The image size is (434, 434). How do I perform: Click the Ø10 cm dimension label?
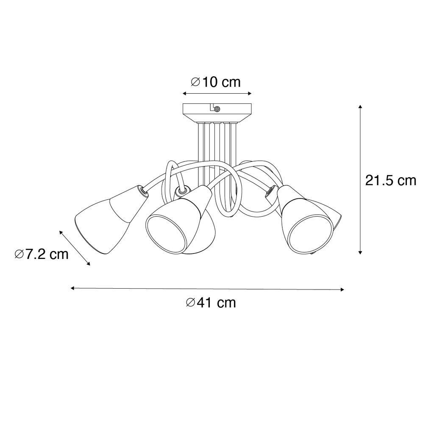(216, 82)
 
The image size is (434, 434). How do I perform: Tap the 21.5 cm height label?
(390, 181)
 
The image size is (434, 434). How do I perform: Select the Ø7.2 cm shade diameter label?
(42, 254)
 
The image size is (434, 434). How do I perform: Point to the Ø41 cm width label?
(211, 303)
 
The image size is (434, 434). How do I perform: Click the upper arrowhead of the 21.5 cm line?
(360, 107)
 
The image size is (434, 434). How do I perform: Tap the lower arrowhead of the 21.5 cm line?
(360, 252)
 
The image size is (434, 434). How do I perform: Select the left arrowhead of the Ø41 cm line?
(73, 288)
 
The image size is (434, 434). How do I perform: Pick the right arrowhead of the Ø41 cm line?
(342, 289)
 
